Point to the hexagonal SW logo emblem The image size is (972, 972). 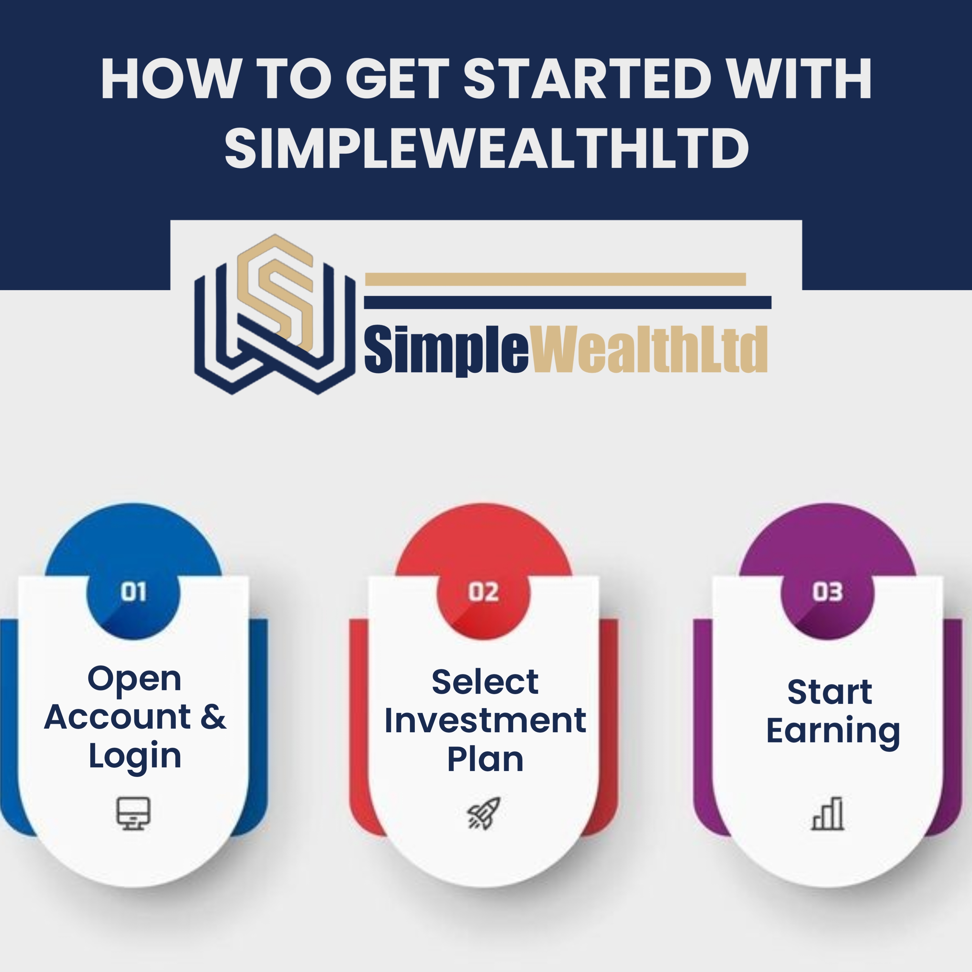[275, 314]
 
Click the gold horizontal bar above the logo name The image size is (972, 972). [555, 279]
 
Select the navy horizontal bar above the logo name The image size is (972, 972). [568, 302]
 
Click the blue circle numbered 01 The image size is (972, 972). [133, 593]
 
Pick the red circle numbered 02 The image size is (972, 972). [484, 593]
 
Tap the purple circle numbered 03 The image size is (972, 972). [828, 593]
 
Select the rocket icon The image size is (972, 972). [484, 813]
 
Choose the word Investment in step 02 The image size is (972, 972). [485, 720]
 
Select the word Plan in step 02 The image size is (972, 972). [485, 759]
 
